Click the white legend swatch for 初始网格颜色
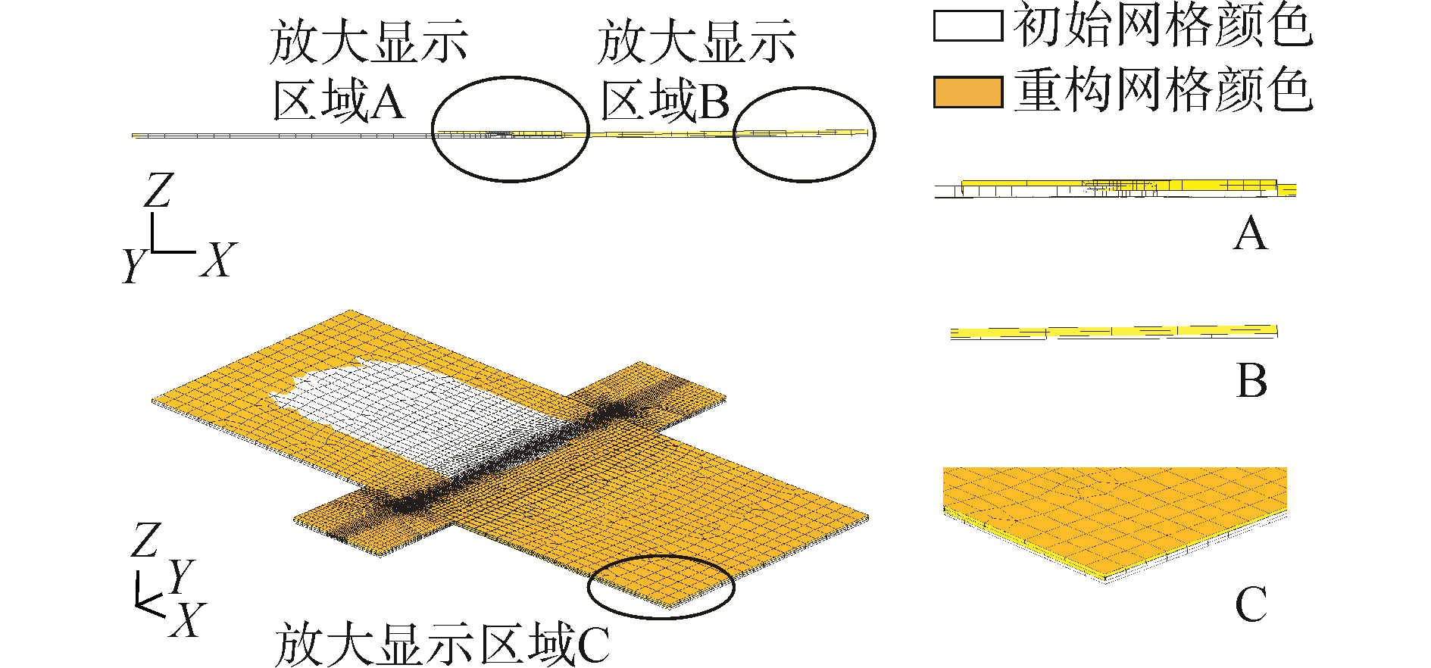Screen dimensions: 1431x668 coord(967,26)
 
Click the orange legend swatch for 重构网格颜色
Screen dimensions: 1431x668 coord(967,92)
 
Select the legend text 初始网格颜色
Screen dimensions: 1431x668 coord(1163,26)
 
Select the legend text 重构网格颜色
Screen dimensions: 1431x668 coord(1163,91)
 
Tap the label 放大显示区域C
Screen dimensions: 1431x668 coord(442,645)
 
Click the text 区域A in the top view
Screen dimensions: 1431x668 coord(339,101)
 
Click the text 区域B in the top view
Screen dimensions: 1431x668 coord(664,101)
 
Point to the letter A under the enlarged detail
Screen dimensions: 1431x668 coord(1250,234)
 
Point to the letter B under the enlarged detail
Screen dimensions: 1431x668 coord(1251,380)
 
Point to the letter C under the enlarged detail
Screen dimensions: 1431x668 coord(1251,604)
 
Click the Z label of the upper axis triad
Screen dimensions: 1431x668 coord(158,191)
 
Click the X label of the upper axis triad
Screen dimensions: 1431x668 coord(218,261)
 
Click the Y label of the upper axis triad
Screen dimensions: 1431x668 coord(133,265)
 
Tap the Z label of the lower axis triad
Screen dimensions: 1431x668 coord(145,541)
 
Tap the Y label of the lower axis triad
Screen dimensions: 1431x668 coord(181,577)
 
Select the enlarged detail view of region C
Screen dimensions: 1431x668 coord(1114,523)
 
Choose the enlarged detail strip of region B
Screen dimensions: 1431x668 coord(1114,332)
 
